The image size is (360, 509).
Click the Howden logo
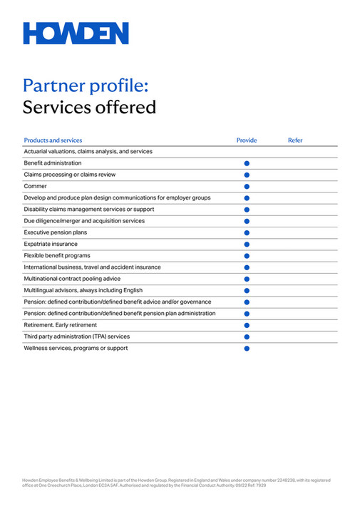click(x=76, y=34)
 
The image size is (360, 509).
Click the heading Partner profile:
click(x=86, y=86)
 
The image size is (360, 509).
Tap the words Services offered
click(x=89, y=108)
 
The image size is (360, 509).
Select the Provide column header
click(x=247, y=140)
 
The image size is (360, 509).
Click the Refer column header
click(x=295, y=140)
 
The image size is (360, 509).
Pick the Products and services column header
click(x=53, y=140)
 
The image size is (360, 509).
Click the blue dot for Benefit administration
click(x=247, y=163)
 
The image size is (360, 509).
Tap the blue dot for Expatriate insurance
click(x=247, y=244)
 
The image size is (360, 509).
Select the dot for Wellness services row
click(x=247, y=349)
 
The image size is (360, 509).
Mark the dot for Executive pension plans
click(x=247, y=232)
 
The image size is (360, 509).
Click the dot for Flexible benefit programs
click(x=247, y=256)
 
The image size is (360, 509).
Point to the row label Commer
click(x=36, y=186)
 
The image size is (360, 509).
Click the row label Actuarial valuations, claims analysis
click(x=88, y=151)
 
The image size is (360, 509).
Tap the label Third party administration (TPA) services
click(x=77, y=336)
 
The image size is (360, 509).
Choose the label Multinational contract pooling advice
click(x=72, y=279)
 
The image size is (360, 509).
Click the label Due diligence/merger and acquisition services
click(x=84, y=221)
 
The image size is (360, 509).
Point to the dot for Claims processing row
click(x=247, y=175)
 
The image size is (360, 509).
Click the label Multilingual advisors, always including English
click(x=83, y=290)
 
